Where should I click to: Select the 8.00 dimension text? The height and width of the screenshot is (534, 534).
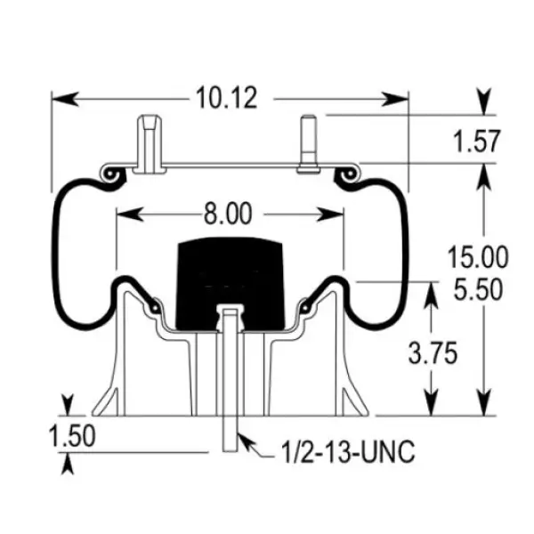[x=228, y=214]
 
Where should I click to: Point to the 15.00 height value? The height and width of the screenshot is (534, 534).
[x=476, y=259]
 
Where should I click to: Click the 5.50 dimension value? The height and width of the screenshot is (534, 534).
[x=476, y=288]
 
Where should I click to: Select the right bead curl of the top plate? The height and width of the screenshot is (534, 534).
[x=345, y=174]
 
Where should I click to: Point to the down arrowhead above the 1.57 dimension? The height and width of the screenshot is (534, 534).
[x=485, y=102]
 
